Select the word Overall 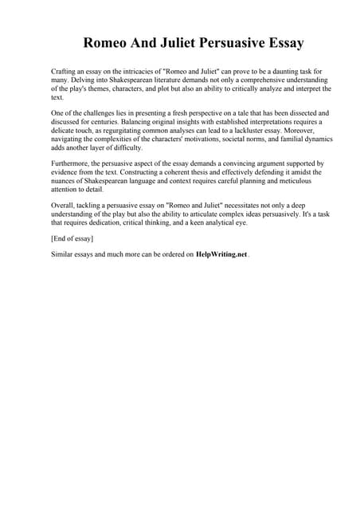click(x=62, y=205)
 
